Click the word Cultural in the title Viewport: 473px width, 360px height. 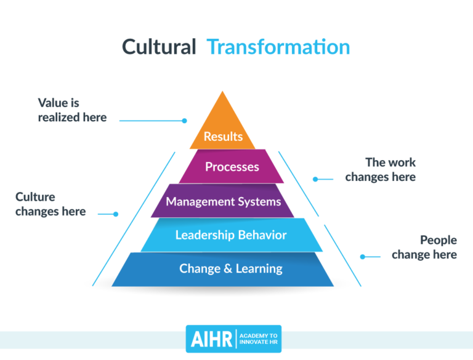click(x=159, y=47)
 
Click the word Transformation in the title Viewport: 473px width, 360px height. click(x=278, y=47)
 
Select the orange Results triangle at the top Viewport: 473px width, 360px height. click(x=222, y=127)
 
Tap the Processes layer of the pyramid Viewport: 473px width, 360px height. click(x=232, y=167)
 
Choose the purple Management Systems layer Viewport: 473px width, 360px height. click(x=223, y=201)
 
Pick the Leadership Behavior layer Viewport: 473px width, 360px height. click(x=231, y=235)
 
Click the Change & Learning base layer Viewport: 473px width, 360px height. click(x=231, y=269)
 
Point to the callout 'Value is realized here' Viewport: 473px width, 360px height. click(x=72, y=110)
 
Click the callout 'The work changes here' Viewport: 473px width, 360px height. click(x=381, y=170)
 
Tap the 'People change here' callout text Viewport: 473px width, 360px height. click(x=424, y=247)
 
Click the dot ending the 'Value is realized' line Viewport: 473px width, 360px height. click(x=184, y=121)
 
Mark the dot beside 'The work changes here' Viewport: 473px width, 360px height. click(x=315, y=180)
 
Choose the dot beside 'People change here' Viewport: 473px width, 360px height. click(x=362, y=257)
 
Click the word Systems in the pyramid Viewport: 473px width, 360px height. click(x=259, y=201)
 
